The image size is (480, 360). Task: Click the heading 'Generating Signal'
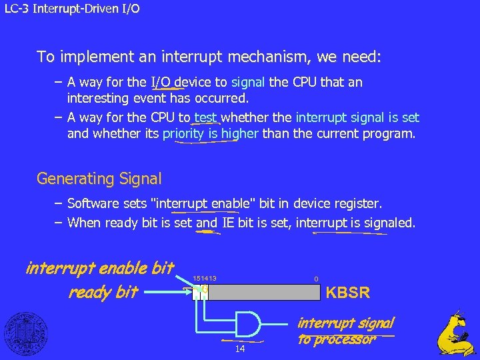tap(99, 179)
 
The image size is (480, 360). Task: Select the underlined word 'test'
tap(206, 118)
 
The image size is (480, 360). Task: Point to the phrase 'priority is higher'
tap(211, 133)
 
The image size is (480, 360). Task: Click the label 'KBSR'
tap(347, 293)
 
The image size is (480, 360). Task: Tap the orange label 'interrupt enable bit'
tap(99, 269)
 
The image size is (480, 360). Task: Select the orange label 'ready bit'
tap(103, 292)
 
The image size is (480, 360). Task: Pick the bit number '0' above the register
tap(317, 279)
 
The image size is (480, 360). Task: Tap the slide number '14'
tap(240, 349)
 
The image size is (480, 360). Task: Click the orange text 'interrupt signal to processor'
tap(345, 331)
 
